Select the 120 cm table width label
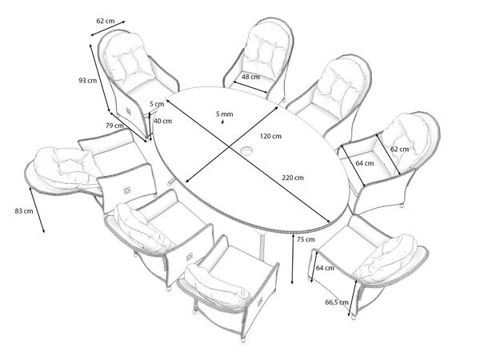271,136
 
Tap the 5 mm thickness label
225,114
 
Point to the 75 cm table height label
305,239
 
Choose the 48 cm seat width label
250,77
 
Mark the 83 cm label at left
23,210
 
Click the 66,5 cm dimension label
336,302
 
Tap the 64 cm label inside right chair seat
364,163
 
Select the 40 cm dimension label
162,121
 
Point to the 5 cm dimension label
158,104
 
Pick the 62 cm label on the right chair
398,149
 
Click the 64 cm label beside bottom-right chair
325,268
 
